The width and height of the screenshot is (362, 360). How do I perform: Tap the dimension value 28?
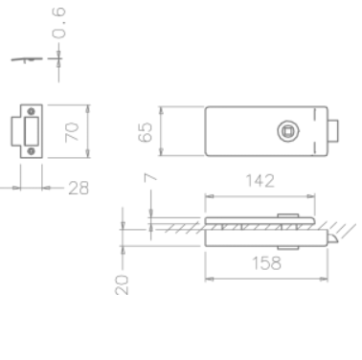[77, 189]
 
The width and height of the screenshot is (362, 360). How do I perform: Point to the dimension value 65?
[146, 131]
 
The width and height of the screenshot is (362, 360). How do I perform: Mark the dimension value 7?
[149, 179]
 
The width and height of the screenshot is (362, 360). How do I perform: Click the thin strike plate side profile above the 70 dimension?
[29, 58]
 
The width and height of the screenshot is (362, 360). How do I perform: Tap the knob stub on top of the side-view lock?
[284, 215]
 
